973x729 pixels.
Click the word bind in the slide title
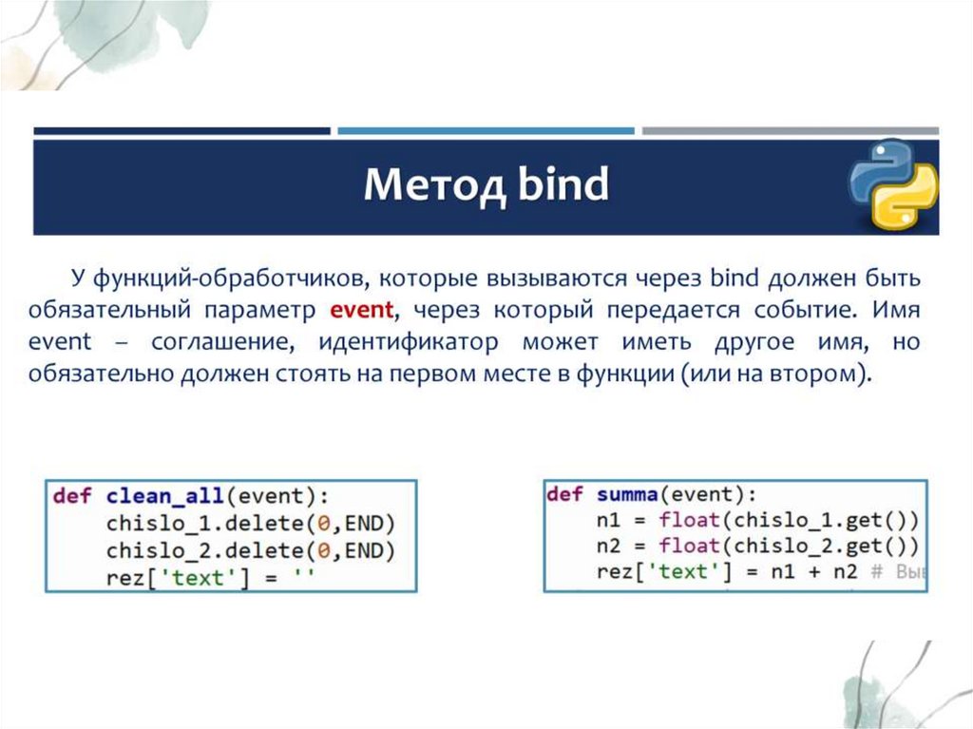pos(562,185)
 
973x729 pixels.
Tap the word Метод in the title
pos(423,185)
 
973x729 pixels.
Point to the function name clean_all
pos(165,495)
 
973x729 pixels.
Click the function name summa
pos(628,494)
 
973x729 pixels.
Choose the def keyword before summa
pos(564,494)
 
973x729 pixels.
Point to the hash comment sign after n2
pos(876,571)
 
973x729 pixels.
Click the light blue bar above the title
pos(486,131)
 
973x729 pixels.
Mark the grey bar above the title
pos(790,131)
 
